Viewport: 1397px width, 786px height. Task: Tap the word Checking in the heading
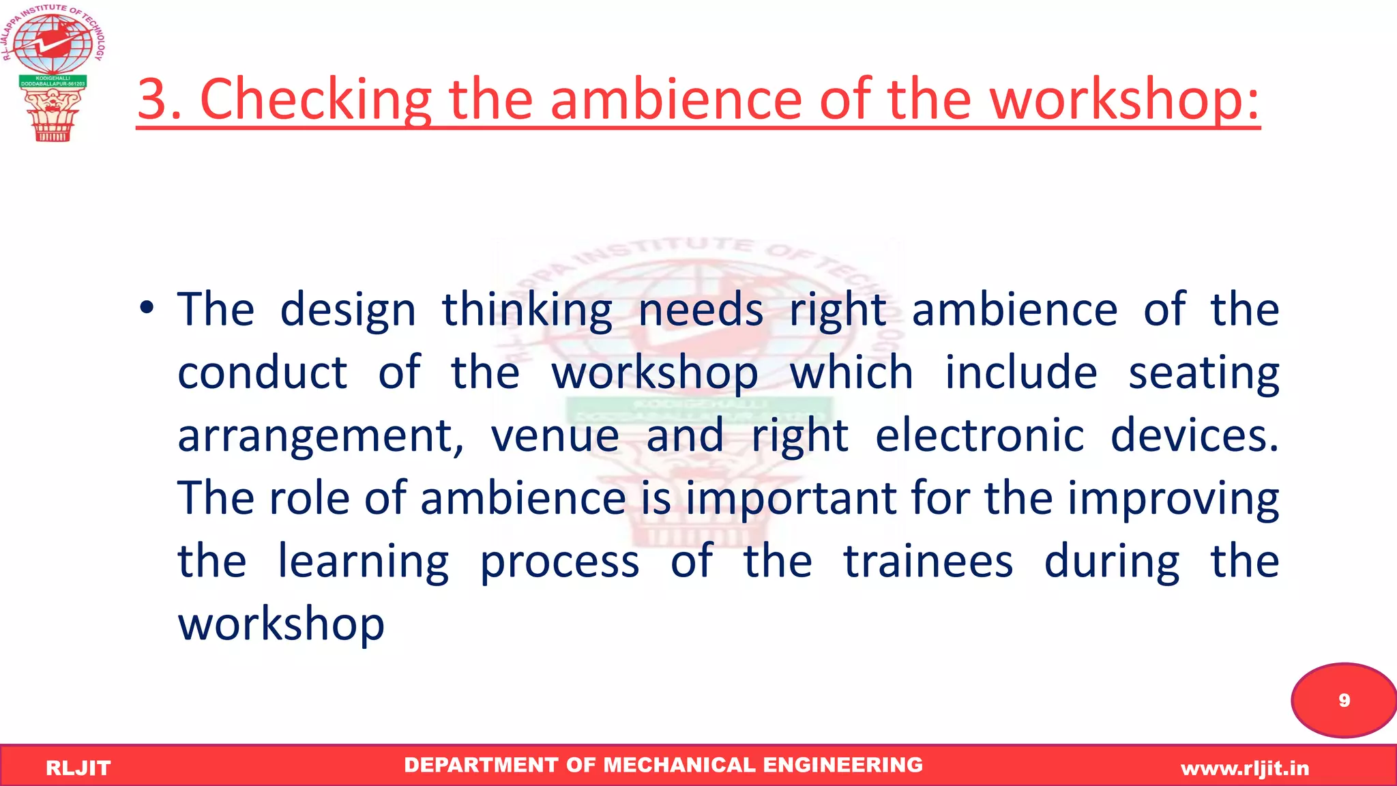pyautogui.click(x=315, y=100)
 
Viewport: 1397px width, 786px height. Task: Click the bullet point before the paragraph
pyautogui.click(x=147, y=308)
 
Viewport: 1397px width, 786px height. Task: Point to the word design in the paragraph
pyautogui.click(x=348, y=310)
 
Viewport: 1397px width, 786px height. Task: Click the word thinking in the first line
pyautogui.click(x=527, y=310)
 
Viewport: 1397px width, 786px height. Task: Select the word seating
pyautogui.click(x=1203, y=374)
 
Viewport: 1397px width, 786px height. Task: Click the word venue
pyautogui.click(x=555, y=437)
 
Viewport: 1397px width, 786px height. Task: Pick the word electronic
pyautogui.click(x=980, y=437)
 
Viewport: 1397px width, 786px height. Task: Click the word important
pyautogui.click(x=791, y=499)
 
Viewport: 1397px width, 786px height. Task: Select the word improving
pyautogui.click(x=1173, y=499)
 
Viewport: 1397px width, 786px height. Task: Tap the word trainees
pyautogui.click(x=928, y=562)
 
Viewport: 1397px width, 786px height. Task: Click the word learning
pyautogui.click(x=364, y=562)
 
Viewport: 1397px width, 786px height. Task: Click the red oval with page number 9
pyautogui.click(x=1343, y=700)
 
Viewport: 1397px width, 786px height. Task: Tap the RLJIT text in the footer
pyautogui.click(x=78, y=768)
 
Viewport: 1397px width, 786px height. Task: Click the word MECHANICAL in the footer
pyautogui.click(x=679, y=765)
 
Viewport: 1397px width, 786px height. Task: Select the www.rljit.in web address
pyautogui.click(x=1245, y=768)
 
